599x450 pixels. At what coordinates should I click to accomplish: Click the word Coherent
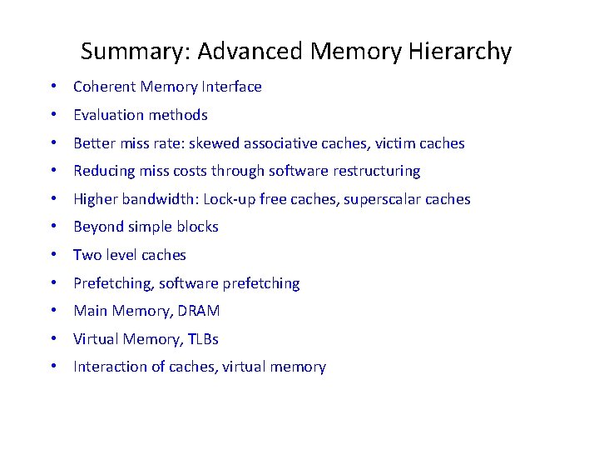point(104,87)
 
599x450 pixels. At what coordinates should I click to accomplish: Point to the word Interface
point(233,87)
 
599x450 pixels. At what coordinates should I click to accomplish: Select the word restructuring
point(377,171)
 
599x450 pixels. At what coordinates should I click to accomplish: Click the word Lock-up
point(227,199)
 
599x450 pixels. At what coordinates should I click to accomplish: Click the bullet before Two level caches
point(52,255)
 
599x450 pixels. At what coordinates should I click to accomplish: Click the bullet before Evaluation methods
point(52,115)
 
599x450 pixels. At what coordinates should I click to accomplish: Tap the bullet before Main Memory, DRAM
point(52,311)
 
